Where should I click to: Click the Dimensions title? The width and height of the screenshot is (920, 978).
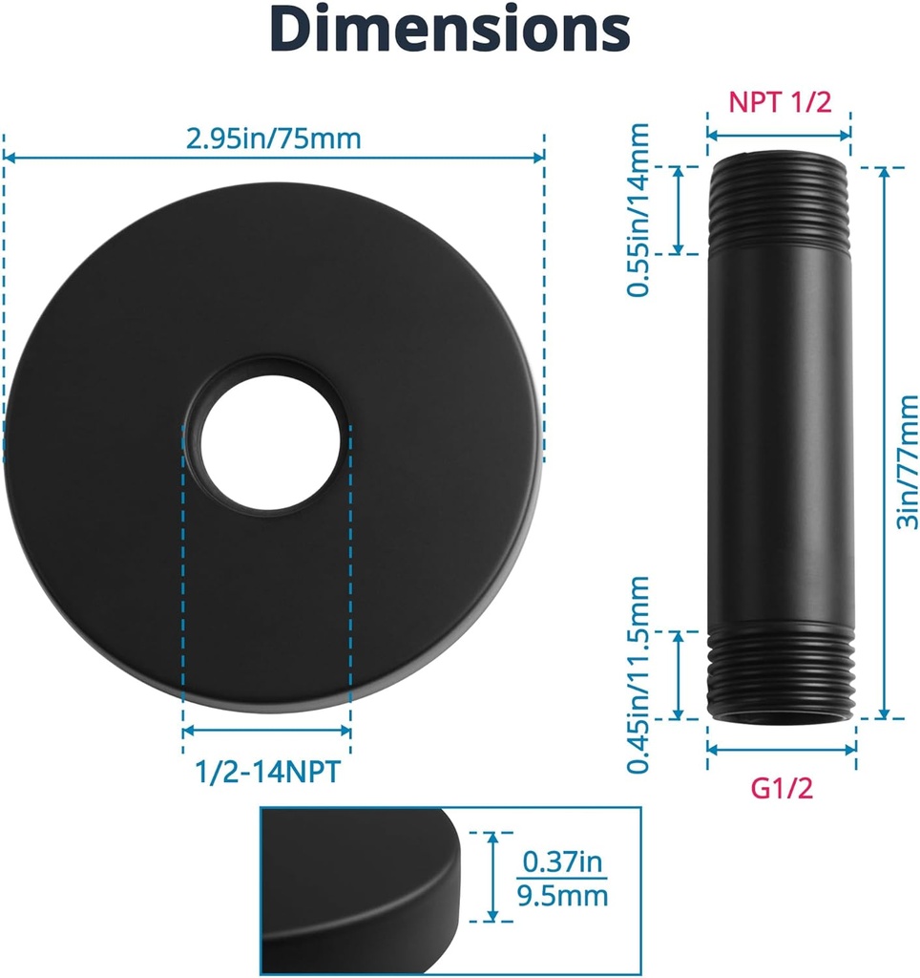(450, 29)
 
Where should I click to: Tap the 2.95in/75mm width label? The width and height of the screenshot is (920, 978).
(274, 138)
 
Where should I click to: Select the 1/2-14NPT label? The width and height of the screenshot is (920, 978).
(268, 772)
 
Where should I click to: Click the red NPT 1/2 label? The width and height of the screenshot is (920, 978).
(780, 101)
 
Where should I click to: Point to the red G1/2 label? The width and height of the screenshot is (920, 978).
(782, 788)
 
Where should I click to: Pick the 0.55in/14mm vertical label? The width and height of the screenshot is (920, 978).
(638, 209)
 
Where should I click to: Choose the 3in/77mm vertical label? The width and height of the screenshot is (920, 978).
(908, 461)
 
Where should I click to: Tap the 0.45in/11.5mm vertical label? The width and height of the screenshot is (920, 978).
(638, 675)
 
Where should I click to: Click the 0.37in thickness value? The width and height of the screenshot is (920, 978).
(562, 862)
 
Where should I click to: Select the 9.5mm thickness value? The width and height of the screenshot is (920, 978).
(562, 896)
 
